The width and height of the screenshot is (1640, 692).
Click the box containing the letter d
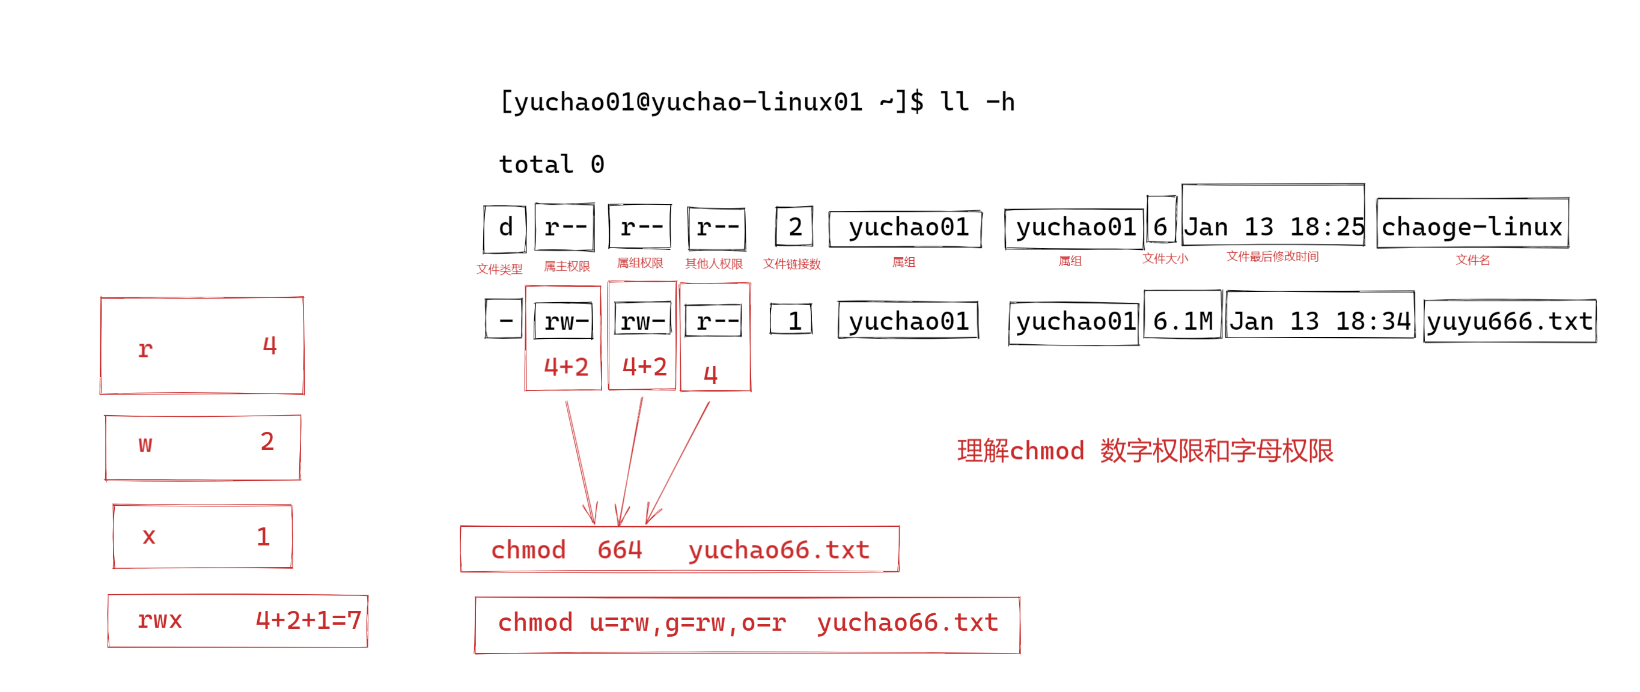coord(505,228)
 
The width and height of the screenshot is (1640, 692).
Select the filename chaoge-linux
coord(1471,226)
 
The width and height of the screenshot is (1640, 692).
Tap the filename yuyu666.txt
coord(1509,321)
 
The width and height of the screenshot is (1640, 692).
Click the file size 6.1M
coord(1182,321)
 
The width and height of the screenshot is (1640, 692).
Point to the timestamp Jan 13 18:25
coord(1273,226)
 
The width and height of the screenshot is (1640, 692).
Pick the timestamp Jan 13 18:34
coord(1320,321)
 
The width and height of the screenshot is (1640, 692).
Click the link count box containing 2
coord(794,226)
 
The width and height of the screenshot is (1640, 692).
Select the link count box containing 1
coord(792,320)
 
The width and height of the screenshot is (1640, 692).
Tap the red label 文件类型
coord(499,269)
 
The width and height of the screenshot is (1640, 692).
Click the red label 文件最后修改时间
coord(1272,256)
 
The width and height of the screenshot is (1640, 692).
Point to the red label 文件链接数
coord(791,264)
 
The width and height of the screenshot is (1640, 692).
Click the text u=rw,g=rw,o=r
coord(687,622)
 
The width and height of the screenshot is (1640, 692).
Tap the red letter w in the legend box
coord(145,444)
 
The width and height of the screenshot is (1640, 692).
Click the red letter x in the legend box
coord(148,536)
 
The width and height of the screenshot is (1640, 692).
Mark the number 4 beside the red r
coord(270,345)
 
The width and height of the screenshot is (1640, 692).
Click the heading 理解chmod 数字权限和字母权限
coord(1144,451)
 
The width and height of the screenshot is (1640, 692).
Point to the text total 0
coord(551,164)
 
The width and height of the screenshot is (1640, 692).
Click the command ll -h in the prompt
coord(977,102)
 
